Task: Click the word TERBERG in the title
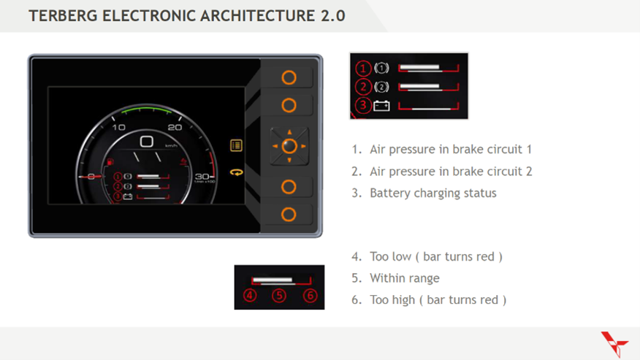point(63,15)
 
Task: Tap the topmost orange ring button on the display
point(289,77)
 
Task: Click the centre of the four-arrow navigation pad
point(289,145)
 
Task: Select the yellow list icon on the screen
point(236,145)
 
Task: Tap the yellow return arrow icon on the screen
point(236,172)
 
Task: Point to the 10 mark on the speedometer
point(118,127)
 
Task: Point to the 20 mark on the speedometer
point(175,127)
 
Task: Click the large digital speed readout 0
point(146,142)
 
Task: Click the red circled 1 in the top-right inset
point(364,69)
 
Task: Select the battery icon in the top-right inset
point(381,106)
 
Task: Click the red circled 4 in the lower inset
point(251,296)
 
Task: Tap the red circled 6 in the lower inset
point(311,296)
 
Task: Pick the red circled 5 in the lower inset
point(279,296)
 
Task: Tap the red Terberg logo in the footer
point(614,343)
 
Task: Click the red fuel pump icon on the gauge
point(110,162)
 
